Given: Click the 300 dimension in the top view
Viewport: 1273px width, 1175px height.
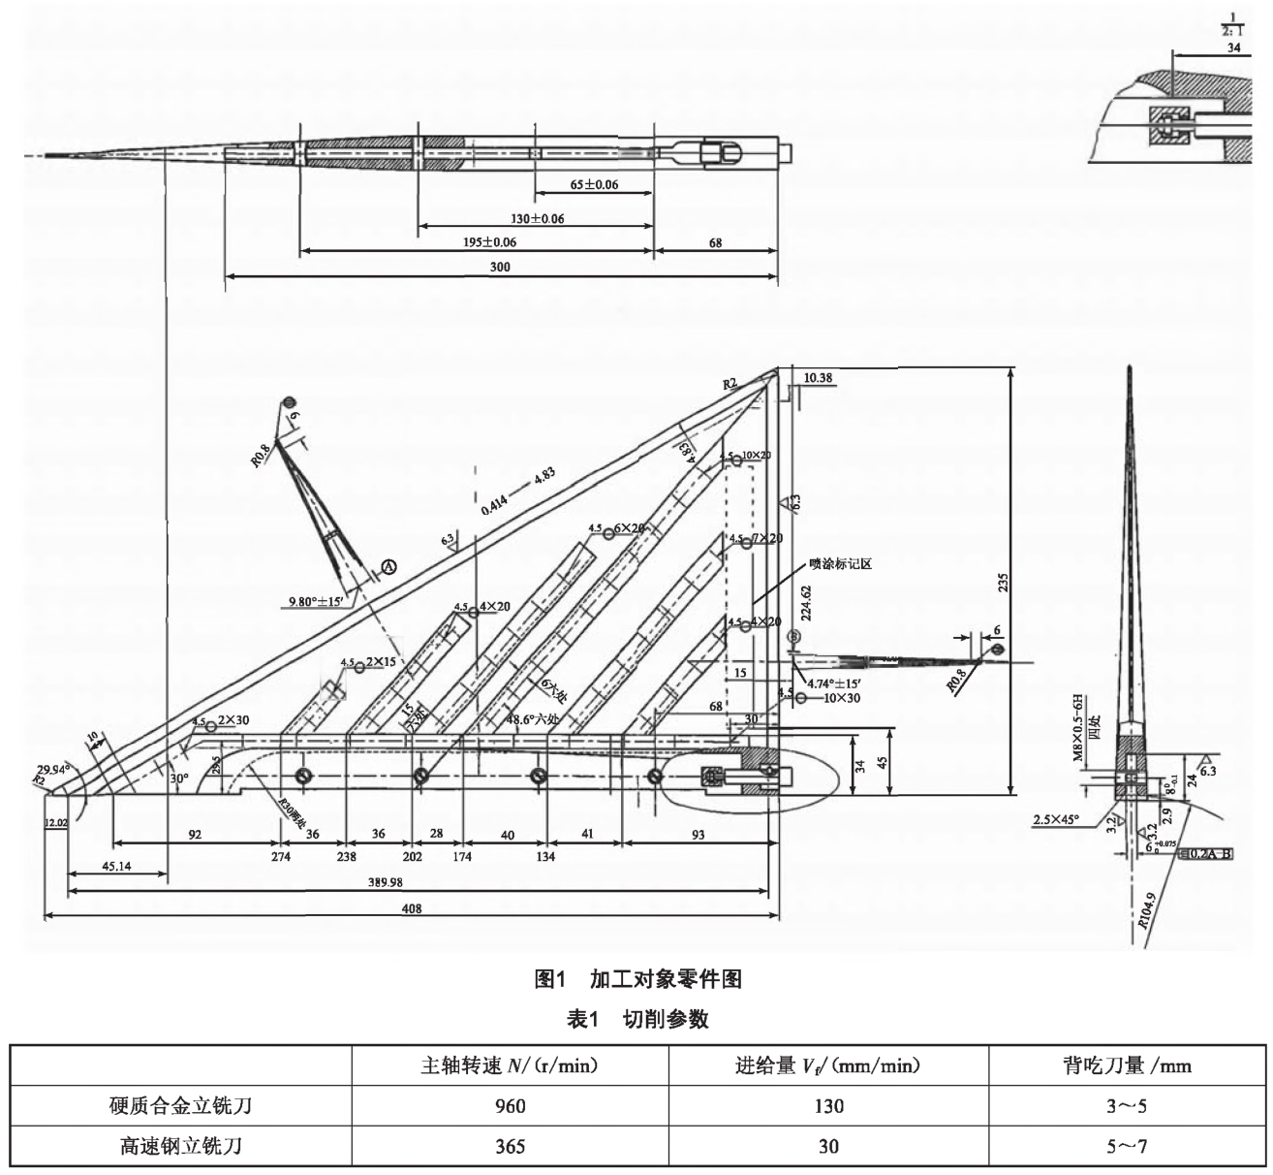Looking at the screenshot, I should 500,268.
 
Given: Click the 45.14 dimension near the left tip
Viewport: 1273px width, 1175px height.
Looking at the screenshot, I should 114,867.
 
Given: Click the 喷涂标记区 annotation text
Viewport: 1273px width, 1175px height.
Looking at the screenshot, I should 840,563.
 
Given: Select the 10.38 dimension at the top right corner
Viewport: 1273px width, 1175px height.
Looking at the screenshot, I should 819,378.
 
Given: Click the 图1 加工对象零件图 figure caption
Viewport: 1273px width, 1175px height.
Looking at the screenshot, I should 638,979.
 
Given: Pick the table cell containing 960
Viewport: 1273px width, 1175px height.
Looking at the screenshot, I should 510,1106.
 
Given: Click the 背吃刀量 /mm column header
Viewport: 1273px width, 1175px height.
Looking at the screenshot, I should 1128,1066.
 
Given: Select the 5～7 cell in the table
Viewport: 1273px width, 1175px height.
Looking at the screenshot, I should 1128,1147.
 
